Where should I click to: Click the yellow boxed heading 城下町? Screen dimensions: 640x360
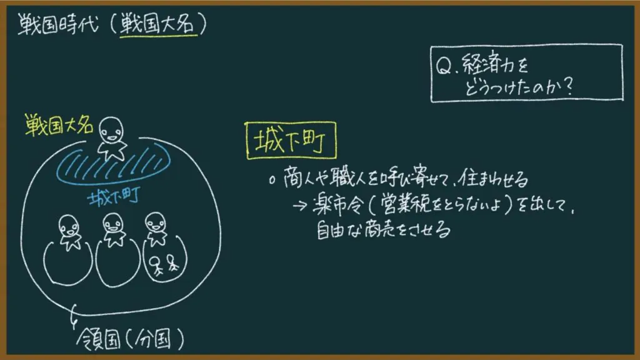coord(291,141)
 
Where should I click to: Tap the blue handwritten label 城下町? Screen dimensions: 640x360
coord(114,197)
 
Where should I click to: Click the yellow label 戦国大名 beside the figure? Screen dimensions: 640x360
coord(59,125)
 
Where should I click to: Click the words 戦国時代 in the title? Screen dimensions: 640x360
coord(58,24)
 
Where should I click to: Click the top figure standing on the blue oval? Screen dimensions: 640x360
coord(111,139)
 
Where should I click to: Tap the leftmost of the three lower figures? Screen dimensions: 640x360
coord(69,232)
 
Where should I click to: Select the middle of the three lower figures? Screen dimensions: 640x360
coord(114,230)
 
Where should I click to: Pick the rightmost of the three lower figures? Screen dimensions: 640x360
coord(156,229)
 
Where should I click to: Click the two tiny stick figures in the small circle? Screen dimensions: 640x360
coord(164,264)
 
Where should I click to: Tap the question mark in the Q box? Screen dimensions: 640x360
coord(567,86)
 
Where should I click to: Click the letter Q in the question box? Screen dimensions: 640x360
coord(443,66)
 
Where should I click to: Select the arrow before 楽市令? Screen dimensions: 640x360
coord(299,205)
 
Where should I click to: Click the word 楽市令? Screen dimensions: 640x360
coord(337,204)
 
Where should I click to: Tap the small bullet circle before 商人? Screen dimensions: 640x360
coord(272,181)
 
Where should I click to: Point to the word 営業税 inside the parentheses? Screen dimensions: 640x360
coord(406,204)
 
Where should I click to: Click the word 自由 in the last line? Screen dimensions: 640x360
coord(331,230)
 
